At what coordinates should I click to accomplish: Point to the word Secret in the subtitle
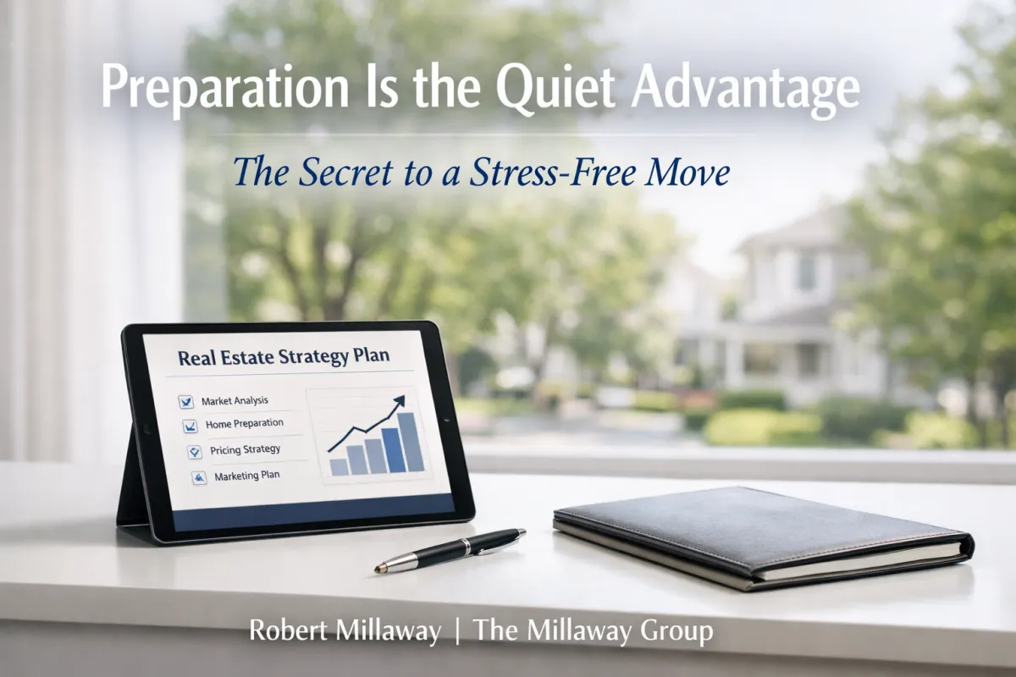pyautogui.click(x=339, y=172)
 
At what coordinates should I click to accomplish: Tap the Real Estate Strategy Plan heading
pyautogui.click(x=284, y=356)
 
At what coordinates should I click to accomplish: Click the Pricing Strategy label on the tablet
pyautogui.click(x=245, y=449)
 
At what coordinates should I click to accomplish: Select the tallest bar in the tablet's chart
pyautogui.click(x=411, y=441)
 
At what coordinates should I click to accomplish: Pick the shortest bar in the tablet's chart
pyautogui.click(x=339, y=466)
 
